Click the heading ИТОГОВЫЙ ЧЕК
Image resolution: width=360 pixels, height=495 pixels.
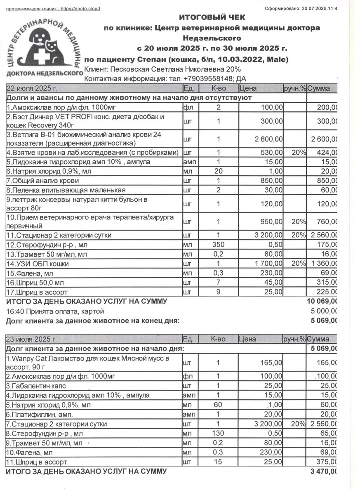pyautogui.click(x=212, y=17)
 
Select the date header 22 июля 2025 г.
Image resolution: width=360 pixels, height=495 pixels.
pyautogui.click(x=31, y=88)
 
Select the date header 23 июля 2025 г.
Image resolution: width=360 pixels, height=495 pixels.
pyautogui.click(x=31, y=339)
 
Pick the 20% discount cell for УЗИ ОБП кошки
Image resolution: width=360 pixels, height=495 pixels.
pyautogui.click(x=298, y=263)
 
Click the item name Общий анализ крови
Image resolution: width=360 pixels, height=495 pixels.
pyautogui.click(x=43, y=181)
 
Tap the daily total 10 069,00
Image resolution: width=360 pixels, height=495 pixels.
pyautogui.click(x=322, y=302)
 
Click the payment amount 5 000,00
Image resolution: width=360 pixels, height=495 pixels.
pyautogui.click(x=323, y=311)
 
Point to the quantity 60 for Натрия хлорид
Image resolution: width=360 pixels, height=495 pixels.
pyautogui.click(x=218, y=405)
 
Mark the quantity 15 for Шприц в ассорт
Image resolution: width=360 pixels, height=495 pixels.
pyautogui.click(x=218, y=462)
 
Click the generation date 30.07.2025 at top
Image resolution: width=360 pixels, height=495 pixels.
pyautogui.click(x=316, y=9)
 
